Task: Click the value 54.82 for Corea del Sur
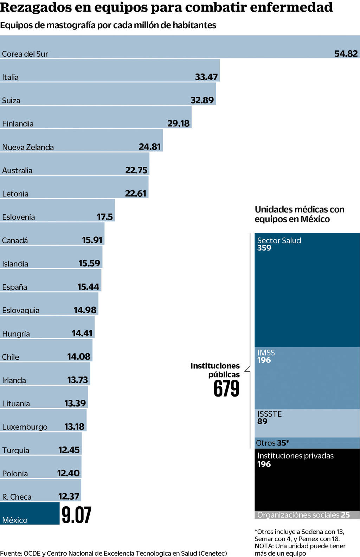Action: tap(346, 54)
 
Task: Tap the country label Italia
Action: tap(10, 77)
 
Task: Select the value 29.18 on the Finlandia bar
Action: tap(178, 124)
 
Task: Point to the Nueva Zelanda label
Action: tap(28, 147)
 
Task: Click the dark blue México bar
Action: tap(30, 513)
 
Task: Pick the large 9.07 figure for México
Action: tap(77, 515)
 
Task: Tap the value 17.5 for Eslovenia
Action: tap(105, 217)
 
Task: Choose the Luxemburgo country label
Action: tap(25, 427)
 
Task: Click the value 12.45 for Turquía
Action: tap(69, 450)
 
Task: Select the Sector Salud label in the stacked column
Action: tap(279, 241)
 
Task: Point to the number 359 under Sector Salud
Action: tap(264, 248)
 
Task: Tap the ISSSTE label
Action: tap(269, 414)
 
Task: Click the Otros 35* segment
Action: tap(272, 443)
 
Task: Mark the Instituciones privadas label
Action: tap(295, 456)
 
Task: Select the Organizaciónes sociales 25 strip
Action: tap(303, 515)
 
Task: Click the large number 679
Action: tap(226, 389)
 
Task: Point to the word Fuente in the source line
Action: tap(10, 553)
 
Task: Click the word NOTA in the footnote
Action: tap(264, 546)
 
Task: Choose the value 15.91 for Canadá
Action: tap(92, 240)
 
